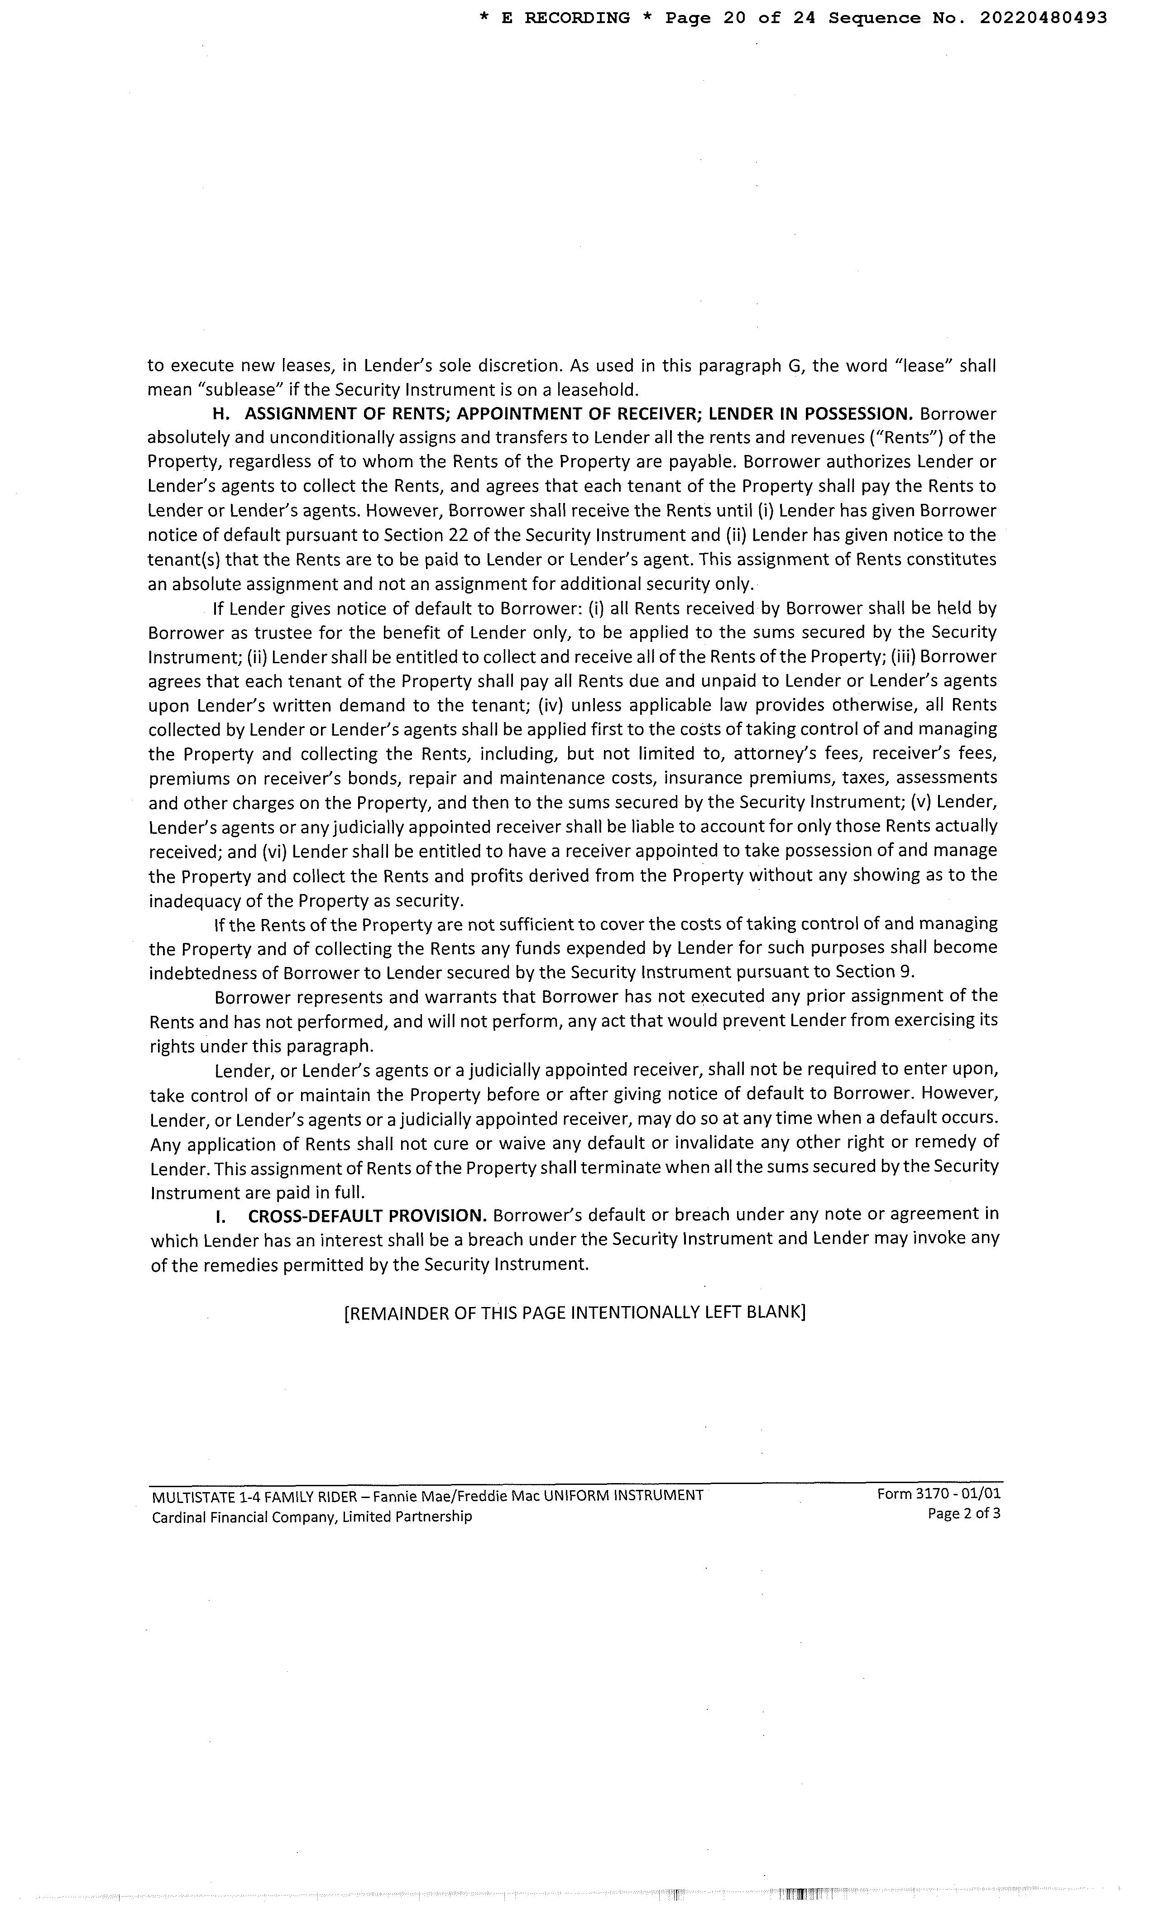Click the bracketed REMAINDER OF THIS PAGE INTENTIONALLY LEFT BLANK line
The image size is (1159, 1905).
pyautogui.click(x=575, y=1313)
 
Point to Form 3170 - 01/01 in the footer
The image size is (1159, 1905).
pyautogui.click(x=938, y=1493)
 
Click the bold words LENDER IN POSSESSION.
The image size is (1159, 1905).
pyautogui.click(x=811, y=414)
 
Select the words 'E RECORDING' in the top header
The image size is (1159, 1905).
pyautogui.click(x=565, y=18)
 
